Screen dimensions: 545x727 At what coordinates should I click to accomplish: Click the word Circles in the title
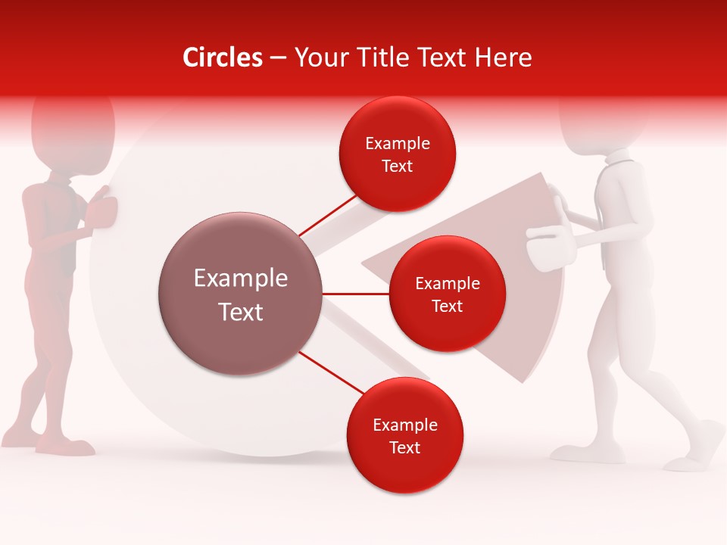[222, 58]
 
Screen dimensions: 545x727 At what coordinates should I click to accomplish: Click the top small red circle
[398, 154]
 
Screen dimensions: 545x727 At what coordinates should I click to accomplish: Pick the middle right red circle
[447, 294]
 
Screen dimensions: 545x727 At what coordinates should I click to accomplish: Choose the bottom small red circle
[404, 435]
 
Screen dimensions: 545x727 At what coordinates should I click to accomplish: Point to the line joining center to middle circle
[355, 294]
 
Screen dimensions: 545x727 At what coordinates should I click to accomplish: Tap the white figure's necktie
[604, 220]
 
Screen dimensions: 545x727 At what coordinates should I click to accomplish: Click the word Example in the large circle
[240, 279]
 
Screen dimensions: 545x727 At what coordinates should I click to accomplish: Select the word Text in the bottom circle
[404, 447]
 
